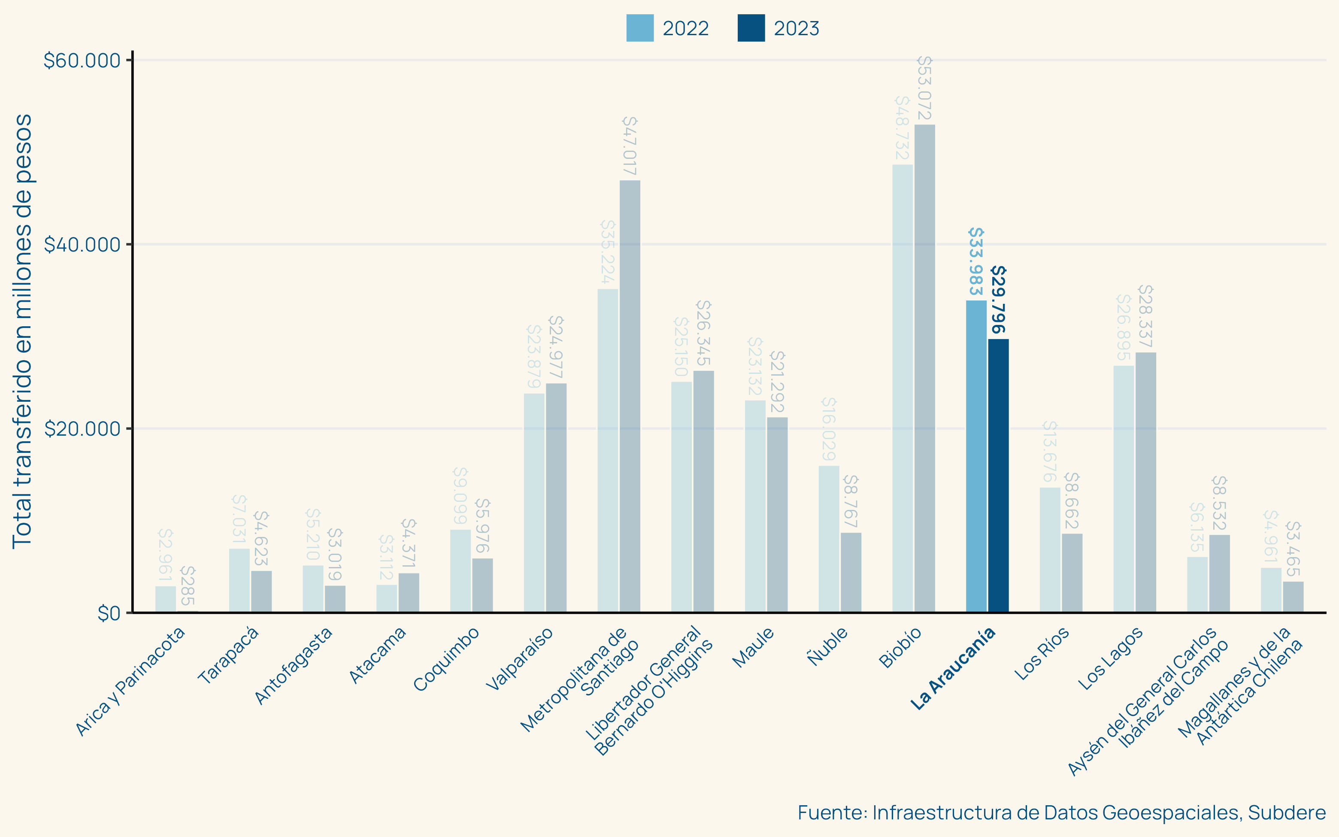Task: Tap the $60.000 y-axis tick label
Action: click(82, 61)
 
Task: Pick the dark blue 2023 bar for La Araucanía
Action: click(998, 476)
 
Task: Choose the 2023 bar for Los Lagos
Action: click(1145, 482)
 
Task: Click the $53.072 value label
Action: click(924, 88)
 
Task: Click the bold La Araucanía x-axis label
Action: click(953, 668)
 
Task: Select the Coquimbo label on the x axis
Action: click(446, 659)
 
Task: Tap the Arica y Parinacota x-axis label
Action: click(130, 681)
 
